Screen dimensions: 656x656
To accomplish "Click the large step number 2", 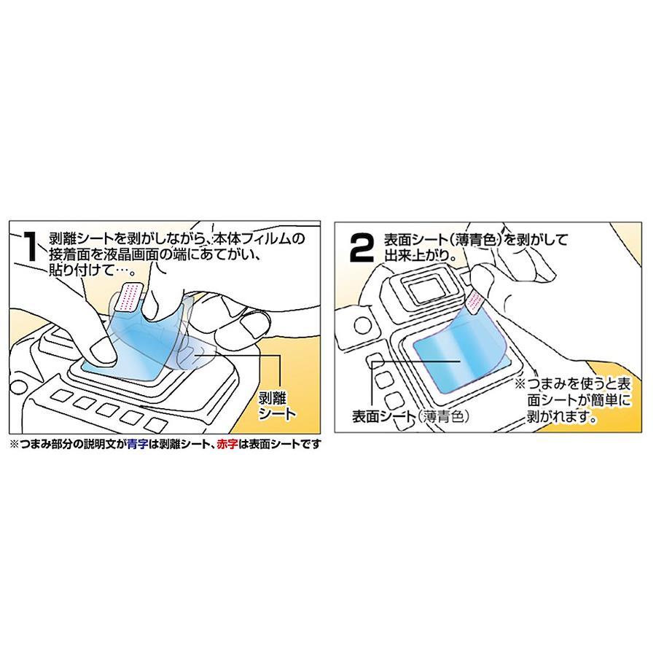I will (x=361, y=248).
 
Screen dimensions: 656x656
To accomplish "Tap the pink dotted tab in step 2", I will (x=475, y=299).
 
